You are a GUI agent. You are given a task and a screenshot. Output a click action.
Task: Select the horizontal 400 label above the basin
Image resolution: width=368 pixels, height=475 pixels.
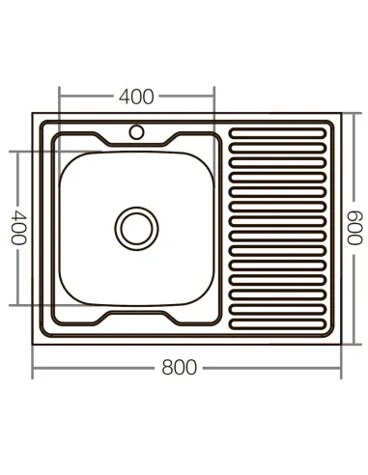[x=136, y=97]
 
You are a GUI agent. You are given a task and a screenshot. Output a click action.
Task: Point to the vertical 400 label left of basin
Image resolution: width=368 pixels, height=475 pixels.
[x=17, y=228]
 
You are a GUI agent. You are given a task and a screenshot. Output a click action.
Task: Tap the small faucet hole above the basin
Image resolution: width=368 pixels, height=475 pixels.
[x=136, y=130]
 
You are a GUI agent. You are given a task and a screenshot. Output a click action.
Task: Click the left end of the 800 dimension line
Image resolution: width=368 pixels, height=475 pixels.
[x=34, y=368]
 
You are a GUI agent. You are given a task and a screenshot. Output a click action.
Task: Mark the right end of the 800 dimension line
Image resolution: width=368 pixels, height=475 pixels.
[x=342, y=368]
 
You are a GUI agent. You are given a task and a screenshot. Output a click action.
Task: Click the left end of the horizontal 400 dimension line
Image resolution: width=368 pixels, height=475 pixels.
[x=60, y=97]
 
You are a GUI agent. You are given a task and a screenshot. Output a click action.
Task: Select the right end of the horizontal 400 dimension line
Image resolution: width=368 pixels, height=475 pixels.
[x=213, y=97]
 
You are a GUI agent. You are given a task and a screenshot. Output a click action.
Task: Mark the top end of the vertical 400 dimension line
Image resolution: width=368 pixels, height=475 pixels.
[x=17, y=151]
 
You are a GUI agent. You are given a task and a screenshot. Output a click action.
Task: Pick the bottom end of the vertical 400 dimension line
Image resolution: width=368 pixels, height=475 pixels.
[x=17, y=305]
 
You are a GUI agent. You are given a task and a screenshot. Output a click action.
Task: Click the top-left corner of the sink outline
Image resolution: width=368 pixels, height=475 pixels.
[x=34, y=114]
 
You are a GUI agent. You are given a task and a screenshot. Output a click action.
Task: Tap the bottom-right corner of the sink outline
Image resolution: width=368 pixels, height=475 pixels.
[x=342, y=344]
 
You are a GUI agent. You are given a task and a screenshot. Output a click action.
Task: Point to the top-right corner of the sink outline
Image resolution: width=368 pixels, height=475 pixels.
[x=342, y=114]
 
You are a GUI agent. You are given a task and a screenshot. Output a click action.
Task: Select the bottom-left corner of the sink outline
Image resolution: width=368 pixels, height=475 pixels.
[x=34, y=344]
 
